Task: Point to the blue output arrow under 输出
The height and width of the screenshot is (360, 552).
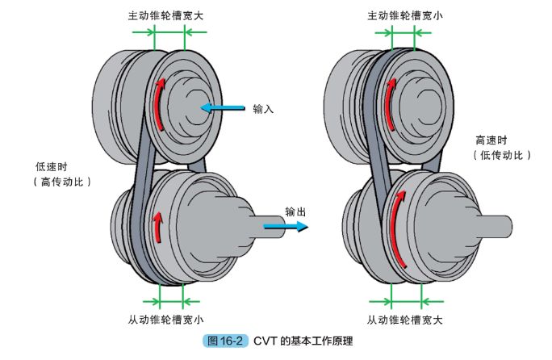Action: (286, 227)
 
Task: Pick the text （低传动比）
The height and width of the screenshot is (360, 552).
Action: (500, 155)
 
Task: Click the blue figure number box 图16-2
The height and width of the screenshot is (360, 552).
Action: (225, 342)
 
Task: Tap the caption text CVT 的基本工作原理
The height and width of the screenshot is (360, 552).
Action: (303, 342)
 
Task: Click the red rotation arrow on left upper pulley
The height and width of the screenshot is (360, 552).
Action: (161, 103)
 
